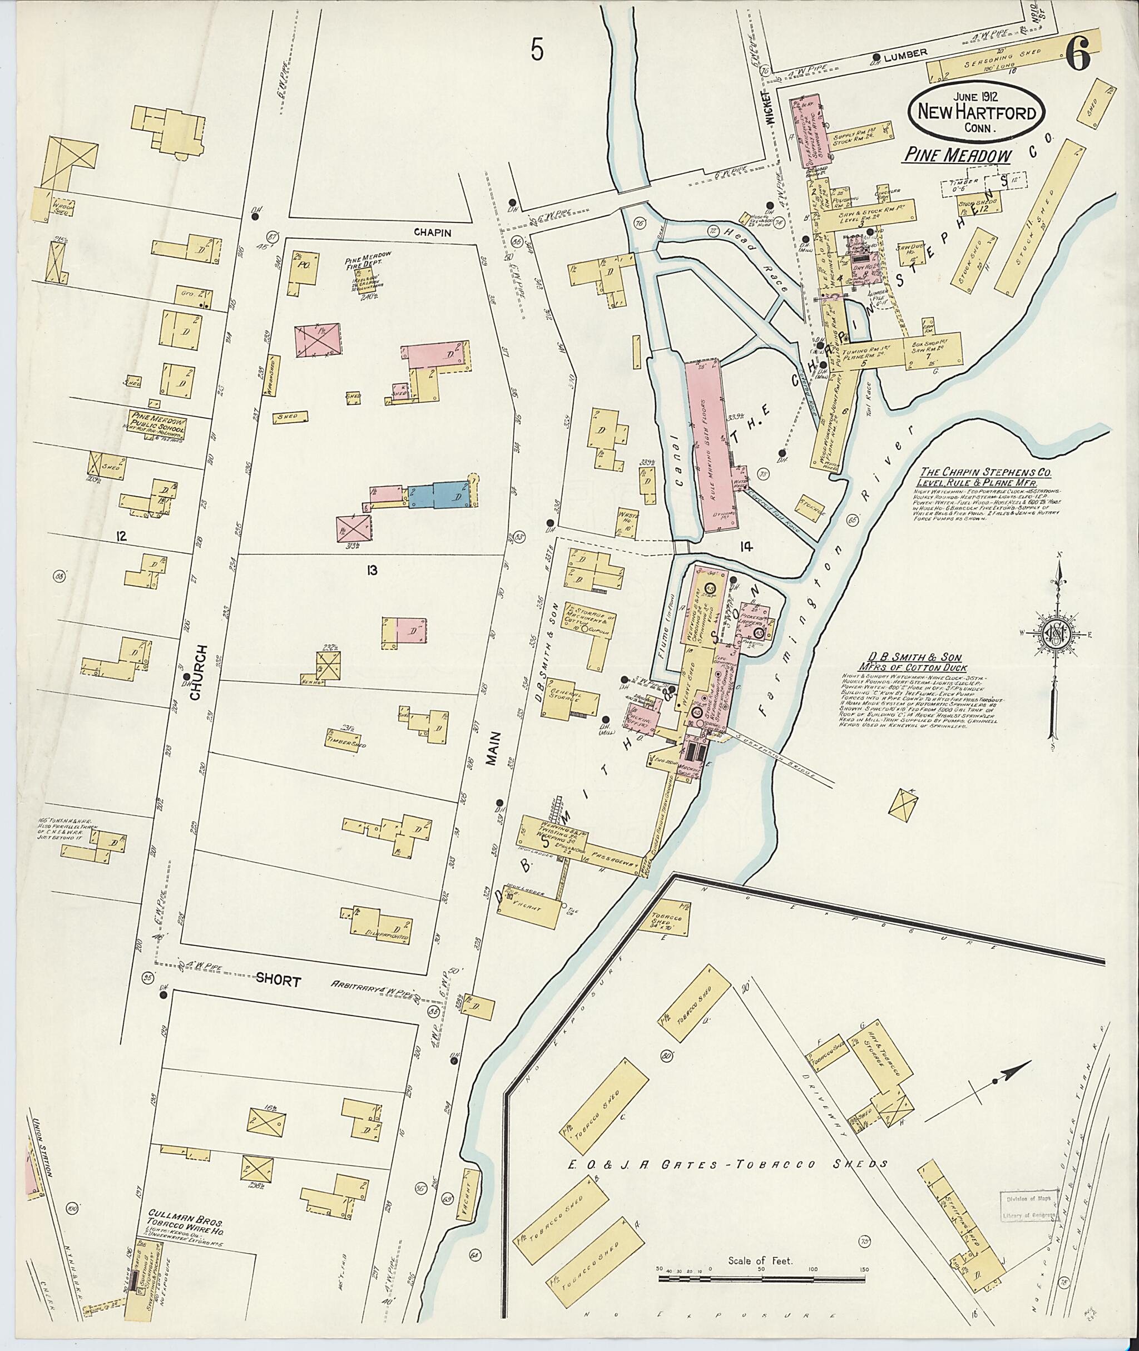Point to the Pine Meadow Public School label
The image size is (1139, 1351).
pyautogui.click(x=158, y=424)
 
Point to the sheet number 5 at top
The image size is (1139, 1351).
pyautogui.click(x=538, y=50)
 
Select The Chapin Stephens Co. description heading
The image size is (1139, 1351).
pyautogui.click(x=972, y=476)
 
